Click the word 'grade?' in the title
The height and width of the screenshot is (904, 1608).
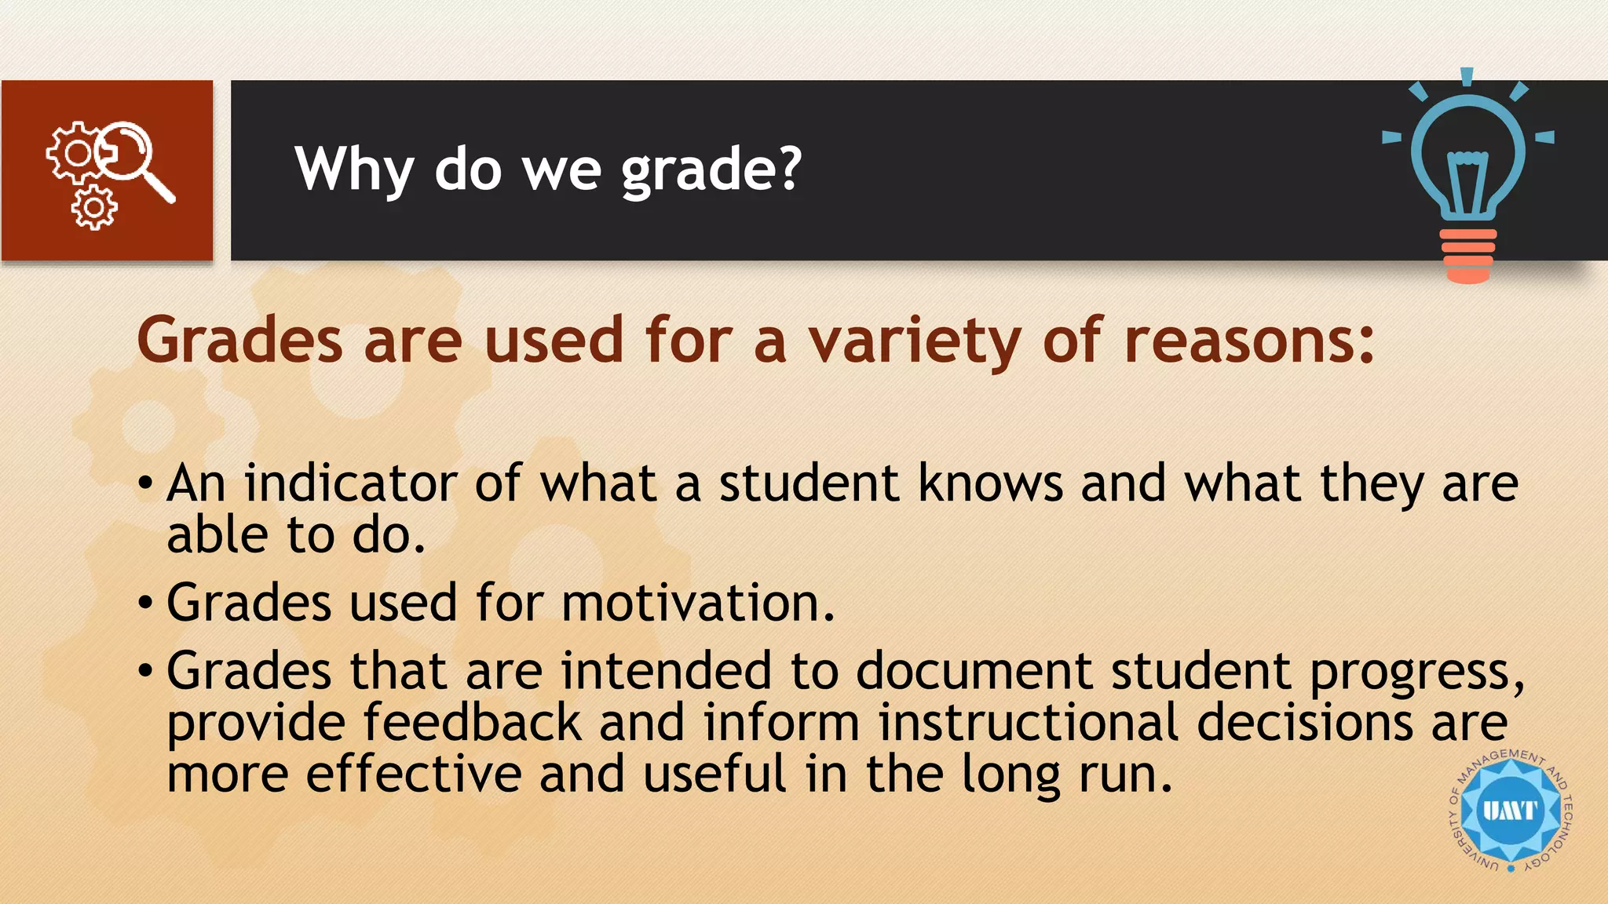(711, 171)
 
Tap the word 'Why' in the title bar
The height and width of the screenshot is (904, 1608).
(353, 169)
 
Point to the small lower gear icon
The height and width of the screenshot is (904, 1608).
(94, 208)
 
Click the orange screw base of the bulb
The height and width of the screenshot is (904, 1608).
(1468, 256)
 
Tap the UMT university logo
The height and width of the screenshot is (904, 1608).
(1510, 811)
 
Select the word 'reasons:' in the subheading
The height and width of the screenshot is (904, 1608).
(1249, 342)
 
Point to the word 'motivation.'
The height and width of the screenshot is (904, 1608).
(698, 603)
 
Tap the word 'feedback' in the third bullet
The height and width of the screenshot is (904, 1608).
(472, 722)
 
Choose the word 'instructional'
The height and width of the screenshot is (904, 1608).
(1028, 722)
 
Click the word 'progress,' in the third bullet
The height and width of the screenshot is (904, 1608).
(1416, 672)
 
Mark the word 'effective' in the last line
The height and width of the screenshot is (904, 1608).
(414, 774)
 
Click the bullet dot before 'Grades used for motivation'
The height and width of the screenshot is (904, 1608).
(145, 603)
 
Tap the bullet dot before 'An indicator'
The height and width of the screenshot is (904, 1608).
(145, 483)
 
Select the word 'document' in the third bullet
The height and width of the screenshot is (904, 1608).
(974, 671)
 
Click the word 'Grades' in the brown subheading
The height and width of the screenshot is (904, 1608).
(240, 342)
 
